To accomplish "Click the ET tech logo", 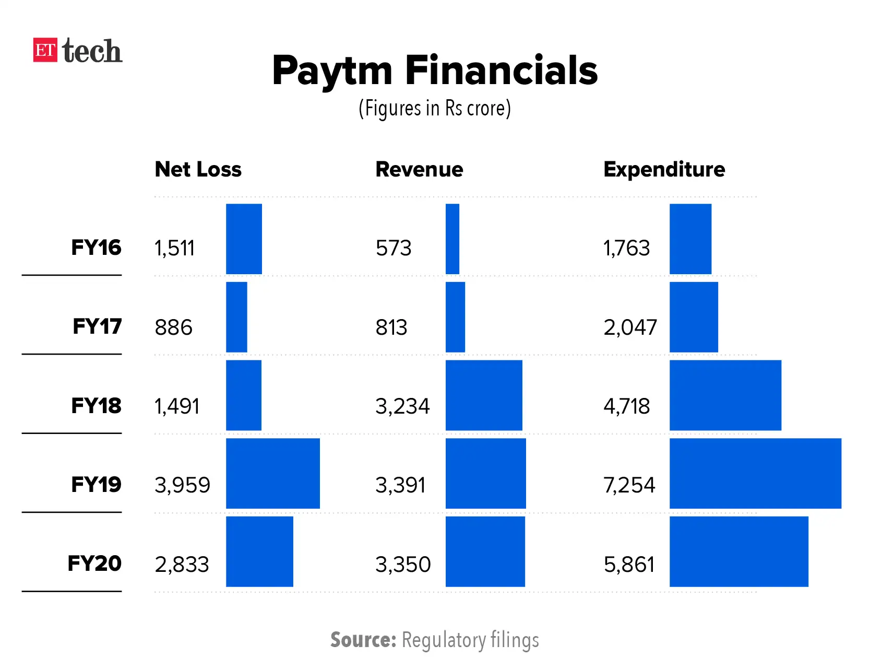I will tap(77, 51).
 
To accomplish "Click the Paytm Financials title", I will tap(435, 71).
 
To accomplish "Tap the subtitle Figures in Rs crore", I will tap(435, 109).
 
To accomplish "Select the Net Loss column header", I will tap(198, 169).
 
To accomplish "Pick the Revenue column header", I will tap(419, 169).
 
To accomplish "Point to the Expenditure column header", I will tap(664, 169).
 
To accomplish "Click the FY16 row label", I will tap(96, 248).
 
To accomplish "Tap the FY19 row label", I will tap(96, 485).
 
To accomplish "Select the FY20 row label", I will tap(94, 564).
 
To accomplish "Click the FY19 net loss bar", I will tap(272, 473).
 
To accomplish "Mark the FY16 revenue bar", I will tap(452, 239).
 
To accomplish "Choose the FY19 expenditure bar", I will tap(755, 473).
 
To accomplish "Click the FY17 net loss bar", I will tap(236, 317).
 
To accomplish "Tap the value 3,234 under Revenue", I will tap(402, 406).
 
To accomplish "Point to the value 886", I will tap(173, 327).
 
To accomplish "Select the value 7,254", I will tap(629, 485).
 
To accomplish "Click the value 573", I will tap(394, 248).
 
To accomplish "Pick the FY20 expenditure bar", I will tap(738, 552).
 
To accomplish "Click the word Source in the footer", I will tap(363, 640).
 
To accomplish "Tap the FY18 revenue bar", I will tap(484, 395).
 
